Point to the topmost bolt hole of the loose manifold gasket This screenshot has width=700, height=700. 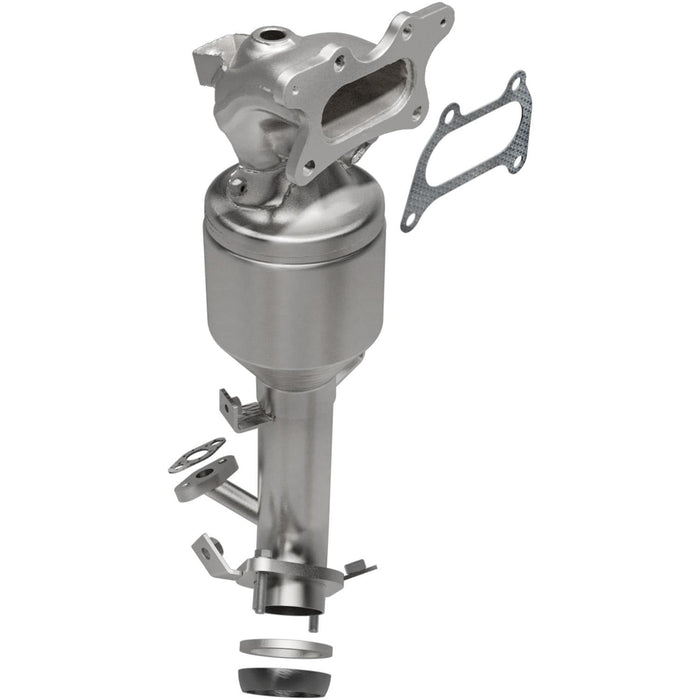click(515, 83)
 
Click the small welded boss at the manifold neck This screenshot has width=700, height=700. click(238, 182)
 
